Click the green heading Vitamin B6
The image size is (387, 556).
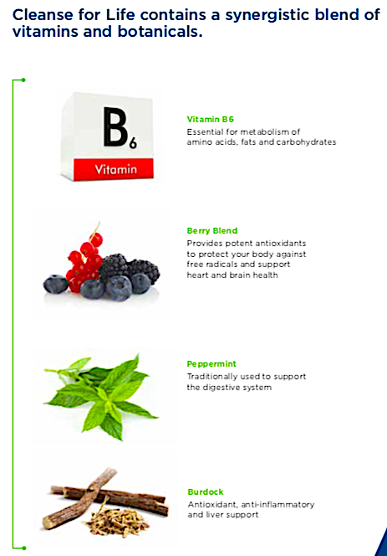(x=211, y=119)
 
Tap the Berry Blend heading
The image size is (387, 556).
(x=212, y=230)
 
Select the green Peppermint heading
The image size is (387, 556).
(x=211, y=363)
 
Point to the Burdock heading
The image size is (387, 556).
(x=206, y=492)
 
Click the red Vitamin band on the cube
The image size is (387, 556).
(x=114, y=169)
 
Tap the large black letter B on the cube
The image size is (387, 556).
(x=115, y=127)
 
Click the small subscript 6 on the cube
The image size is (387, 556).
(x=133, y=144)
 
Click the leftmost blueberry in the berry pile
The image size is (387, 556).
(x=55, y=284)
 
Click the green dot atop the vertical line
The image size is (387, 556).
(x=23, y=80)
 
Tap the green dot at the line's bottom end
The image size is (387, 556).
(x=23, y=548)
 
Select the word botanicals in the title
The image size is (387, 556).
(x=160, y=32)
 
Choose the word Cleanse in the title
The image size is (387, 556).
(x=43, y=15)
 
